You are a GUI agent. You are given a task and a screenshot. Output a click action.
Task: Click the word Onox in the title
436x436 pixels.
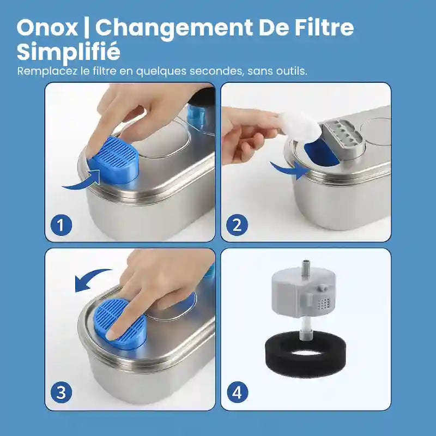(46, 27)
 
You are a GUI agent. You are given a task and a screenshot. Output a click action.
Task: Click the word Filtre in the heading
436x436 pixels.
(324, 27)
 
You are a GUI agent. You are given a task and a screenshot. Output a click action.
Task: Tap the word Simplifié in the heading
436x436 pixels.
(68, 52)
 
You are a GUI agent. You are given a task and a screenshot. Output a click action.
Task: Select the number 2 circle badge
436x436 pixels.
(237, 225)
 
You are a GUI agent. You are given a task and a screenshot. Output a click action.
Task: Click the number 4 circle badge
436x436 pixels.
(237, 392)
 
